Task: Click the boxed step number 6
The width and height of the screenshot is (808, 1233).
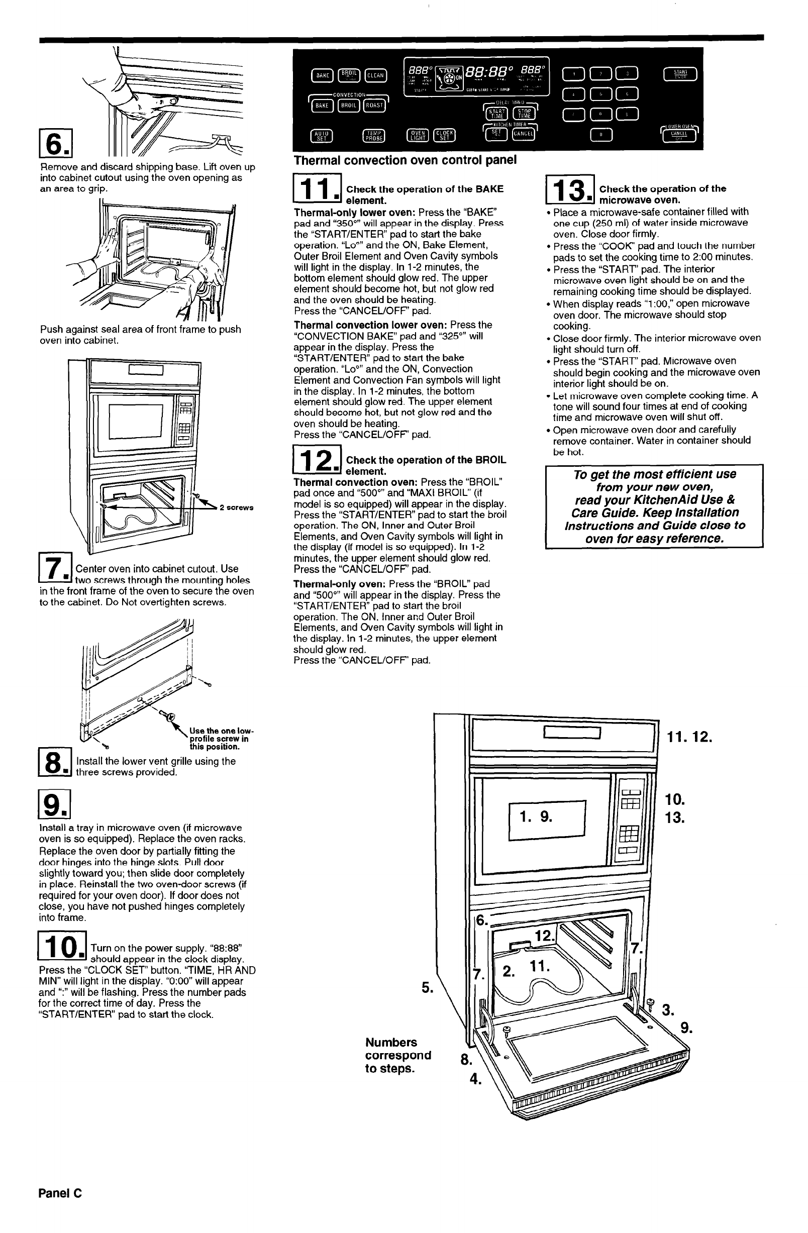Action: click(x=55, y=144)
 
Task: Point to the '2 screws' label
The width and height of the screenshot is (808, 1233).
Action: click(x=236, y=507)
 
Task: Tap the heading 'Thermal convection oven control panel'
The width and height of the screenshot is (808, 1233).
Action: click(x=405, y=160)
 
